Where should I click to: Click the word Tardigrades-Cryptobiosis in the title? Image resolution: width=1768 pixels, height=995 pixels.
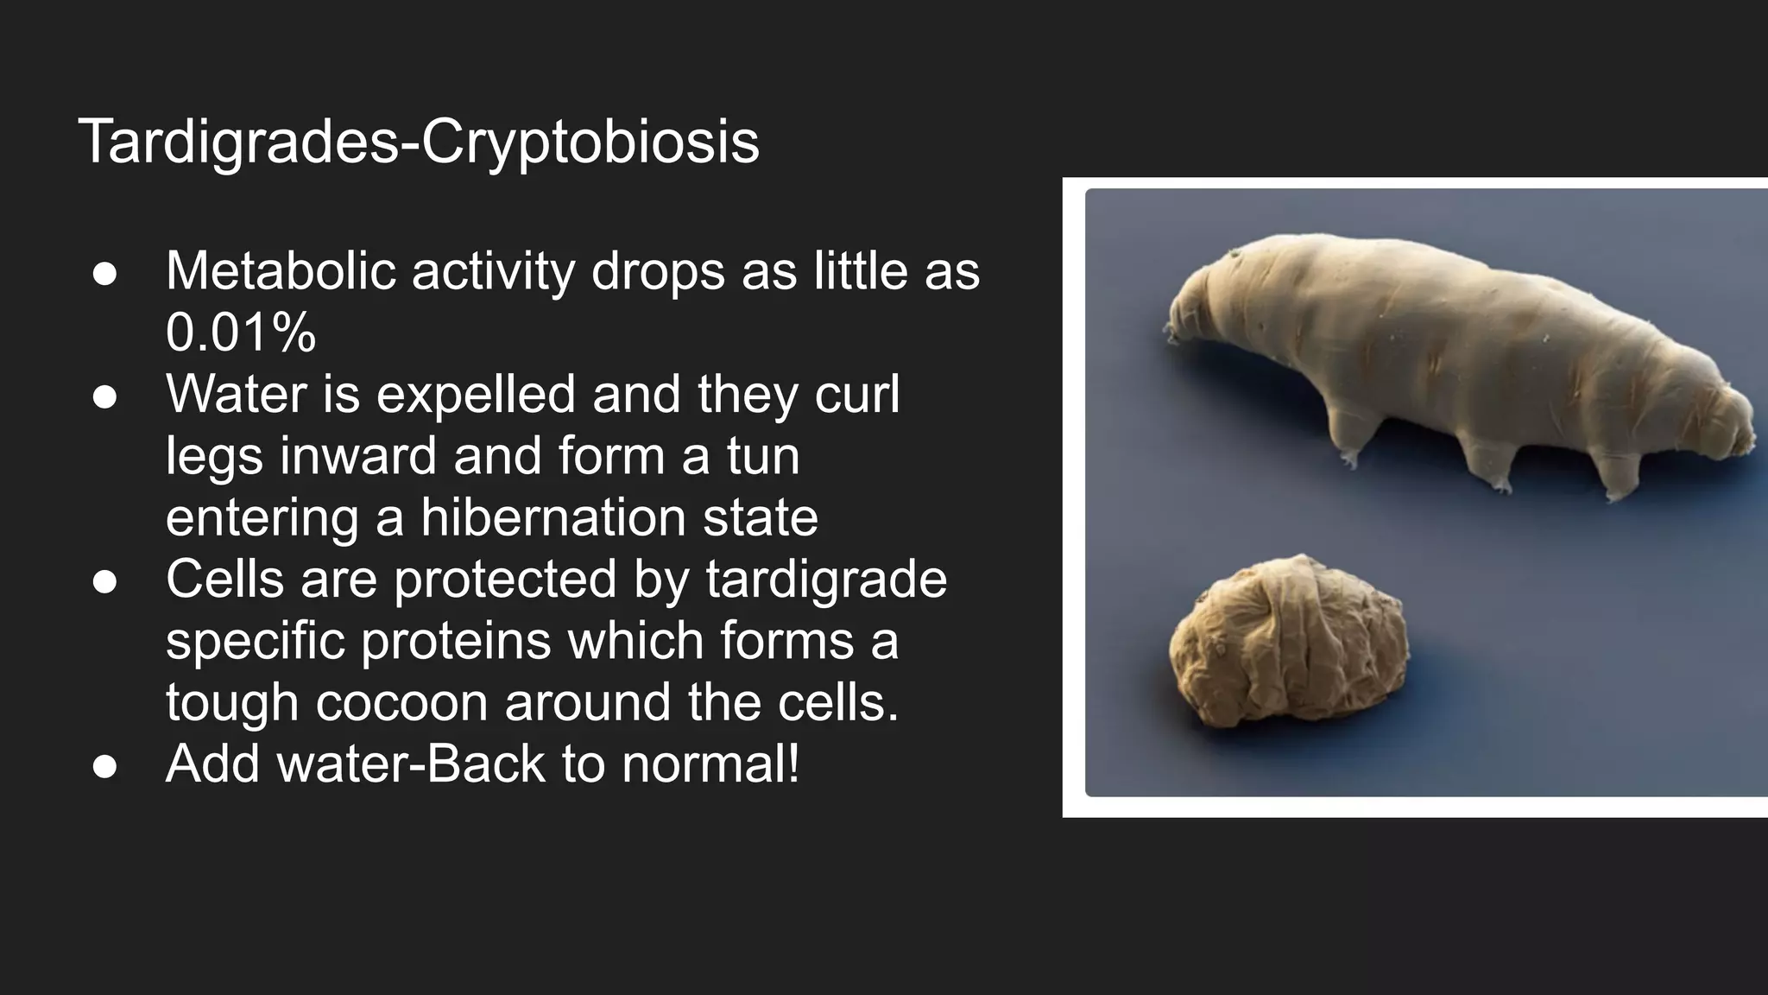coord(419,141)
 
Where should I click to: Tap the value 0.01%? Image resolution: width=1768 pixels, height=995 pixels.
coord(241,332)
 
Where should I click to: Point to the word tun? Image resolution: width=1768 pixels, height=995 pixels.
coord(763,455)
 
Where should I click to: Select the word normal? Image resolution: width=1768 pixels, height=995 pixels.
coord(710,764)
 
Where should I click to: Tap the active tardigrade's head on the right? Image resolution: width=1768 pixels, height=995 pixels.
coord(1718,423)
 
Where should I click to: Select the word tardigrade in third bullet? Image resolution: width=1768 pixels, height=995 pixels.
coord(826,579)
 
